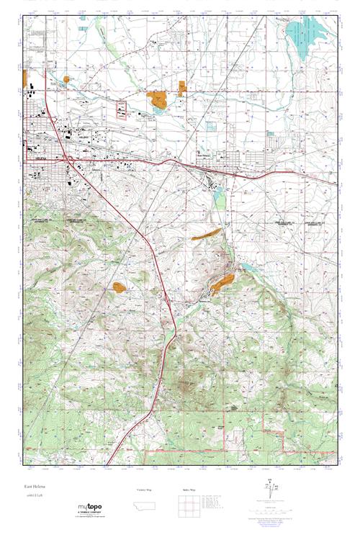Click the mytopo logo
90,508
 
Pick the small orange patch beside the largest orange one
180,87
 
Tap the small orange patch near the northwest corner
67,78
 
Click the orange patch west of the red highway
119,287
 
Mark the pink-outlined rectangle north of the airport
121,110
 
